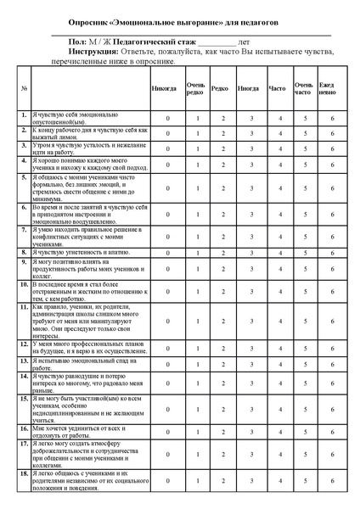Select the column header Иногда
250,87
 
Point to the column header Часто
277,87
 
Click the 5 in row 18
304,479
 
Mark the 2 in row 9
222,267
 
